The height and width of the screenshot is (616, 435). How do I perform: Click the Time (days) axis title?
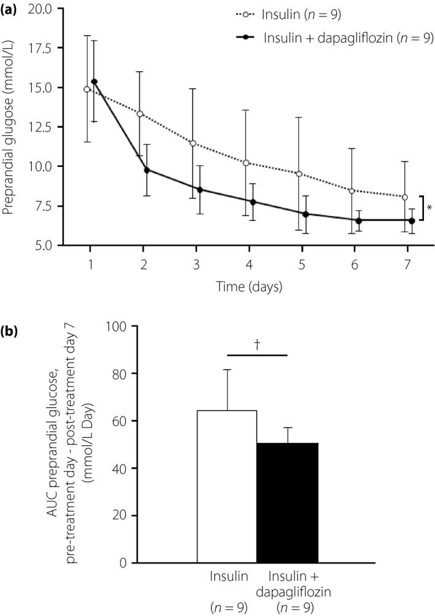point(249,286)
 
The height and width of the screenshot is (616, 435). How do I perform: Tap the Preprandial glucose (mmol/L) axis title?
point(9,126)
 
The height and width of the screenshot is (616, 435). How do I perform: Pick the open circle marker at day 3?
point(193,143)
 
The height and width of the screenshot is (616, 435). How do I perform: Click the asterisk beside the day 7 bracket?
point(429,208)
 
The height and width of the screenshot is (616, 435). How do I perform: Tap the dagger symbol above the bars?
point(257,345)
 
